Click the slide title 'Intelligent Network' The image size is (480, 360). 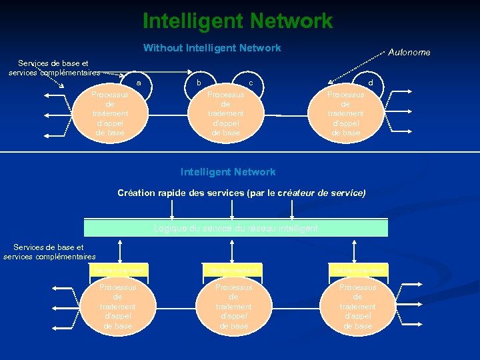(237, 21)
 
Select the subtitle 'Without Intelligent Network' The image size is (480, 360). (212, 48)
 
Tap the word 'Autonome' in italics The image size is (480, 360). (409, 53)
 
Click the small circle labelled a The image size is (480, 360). (139, 83)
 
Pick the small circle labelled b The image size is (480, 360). (198, 82)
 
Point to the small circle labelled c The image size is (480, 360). (250, 82)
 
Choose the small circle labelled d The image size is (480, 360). (371, 82)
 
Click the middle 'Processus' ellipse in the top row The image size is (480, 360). (225, 114)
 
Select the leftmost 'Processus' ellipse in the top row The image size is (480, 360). (110, 114)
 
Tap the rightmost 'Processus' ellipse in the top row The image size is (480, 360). (345, 114)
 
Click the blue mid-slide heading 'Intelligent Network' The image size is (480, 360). (228, 172)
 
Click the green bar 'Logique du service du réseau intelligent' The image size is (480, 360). (236, 228)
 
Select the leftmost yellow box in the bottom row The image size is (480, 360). (118, 270)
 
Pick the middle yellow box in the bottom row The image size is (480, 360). (233, 270)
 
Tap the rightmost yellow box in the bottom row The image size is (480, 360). (357, 270)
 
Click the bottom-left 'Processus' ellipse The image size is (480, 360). (118, 307)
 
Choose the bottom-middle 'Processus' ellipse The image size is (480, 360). (233, 307)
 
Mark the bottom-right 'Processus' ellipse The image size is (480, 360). (357, 307)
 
